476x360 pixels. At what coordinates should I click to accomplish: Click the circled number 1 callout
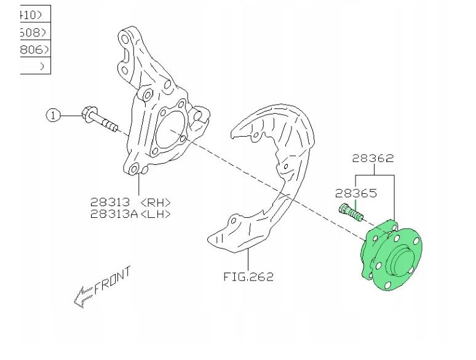point(54,114)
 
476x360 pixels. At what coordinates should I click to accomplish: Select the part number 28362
point(373,159)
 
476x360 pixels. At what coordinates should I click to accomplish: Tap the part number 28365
point(357,193)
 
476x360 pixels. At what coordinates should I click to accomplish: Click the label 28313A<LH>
point(130,214)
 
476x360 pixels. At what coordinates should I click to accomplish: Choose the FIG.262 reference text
point(248,276)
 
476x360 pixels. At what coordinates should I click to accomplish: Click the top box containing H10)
point(34,14)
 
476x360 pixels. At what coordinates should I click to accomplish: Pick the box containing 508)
point(34,31)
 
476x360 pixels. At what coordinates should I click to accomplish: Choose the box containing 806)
point(34,49)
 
